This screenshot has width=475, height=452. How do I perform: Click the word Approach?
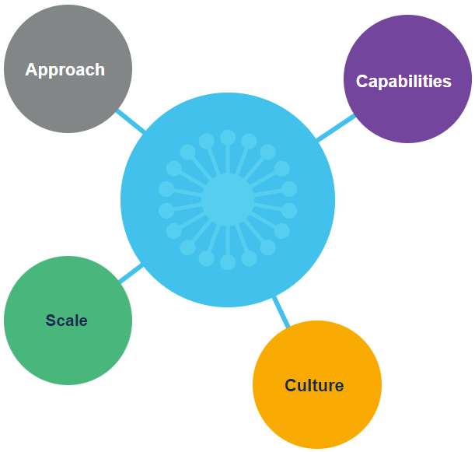pyautogui.click(x=65, y=70)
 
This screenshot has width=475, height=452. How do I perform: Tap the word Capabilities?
pyautogui.click(x=403, y=81)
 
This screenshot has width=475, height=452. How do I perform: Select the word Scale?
pyautogui.click(x=67, y=321)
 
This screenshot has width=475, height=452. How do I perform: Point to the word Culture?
pyautogui.click(x=314, y=385)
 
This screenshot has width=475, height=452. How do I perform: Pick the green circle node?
pyautogui.click(x=68, y=350)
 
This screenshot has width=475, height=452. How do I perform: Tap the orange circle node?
pyautogui.click(x=317, y=416)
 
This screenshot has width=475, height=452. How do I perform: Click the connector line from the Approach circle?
pyautogui.click(x=130, y=121)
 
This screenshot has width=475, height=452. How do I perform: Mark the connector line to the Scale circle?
pyautogui.click(x=131, y=273)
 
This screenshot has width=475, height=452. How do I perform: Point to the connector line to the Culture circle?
pyautogui.click(x=281, y=310)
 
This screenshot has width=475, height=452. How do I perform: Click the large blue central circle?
pyautogui.click(x=295, y=233)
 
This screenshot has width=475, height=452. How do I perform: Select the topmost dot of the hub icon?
pyautogui.click(x=228, y=138)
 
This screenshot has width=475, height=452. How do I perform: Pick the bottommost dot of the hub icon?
pyautogui.click(x=228, y=262)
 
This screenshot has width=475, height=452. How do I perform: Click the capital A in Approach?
pyautogui.click(x=32, y=70)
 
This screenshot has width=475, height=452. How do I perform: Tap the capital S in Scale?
pyautogui.click(x=51, y=321)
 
